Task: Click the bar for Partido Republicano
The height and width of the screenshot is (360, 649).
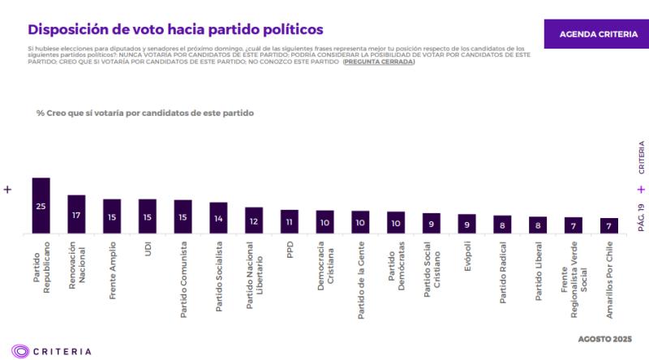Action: [41, 206]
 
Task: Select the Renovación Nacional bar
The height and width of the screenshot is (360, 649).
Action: [76, 215]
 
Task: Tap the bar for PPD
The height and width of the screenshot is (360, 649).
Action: [290, 221]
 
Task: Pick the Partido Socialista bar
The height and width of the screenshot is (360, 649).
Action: [219, 218]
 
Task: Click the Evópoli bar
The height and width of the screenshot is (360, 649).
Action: [467, 224]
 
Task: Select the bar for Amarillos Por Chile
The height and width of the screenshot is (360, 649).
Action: [609, 225]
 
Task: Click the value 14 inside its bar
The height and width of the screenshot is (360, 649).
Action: [219, 219]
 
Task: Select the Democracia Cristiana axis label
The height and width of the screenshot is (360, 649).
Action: [325, 268]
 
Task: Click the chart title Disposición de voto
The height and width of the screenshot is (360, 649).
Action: [174, 30]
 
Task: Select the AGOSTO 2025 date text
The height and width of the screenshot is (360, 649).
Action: [604, 337]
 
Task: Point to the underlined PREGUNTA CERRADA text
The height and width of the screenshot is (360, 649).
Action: [378, 62]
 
